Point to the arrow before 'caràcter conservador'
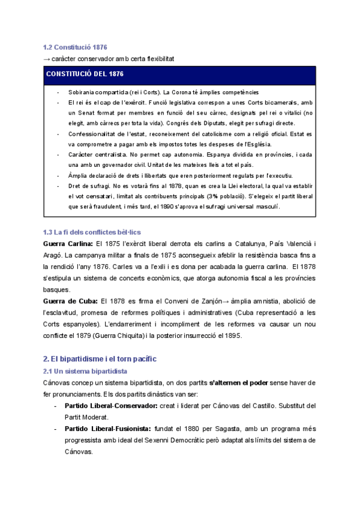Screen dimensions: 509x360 [x=47, y=58]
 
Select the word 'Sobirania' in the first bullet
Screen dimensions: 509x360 [x=82, y=92]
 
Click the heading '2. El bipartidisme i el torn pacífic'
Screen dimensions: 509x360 [x=99, y=359]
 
